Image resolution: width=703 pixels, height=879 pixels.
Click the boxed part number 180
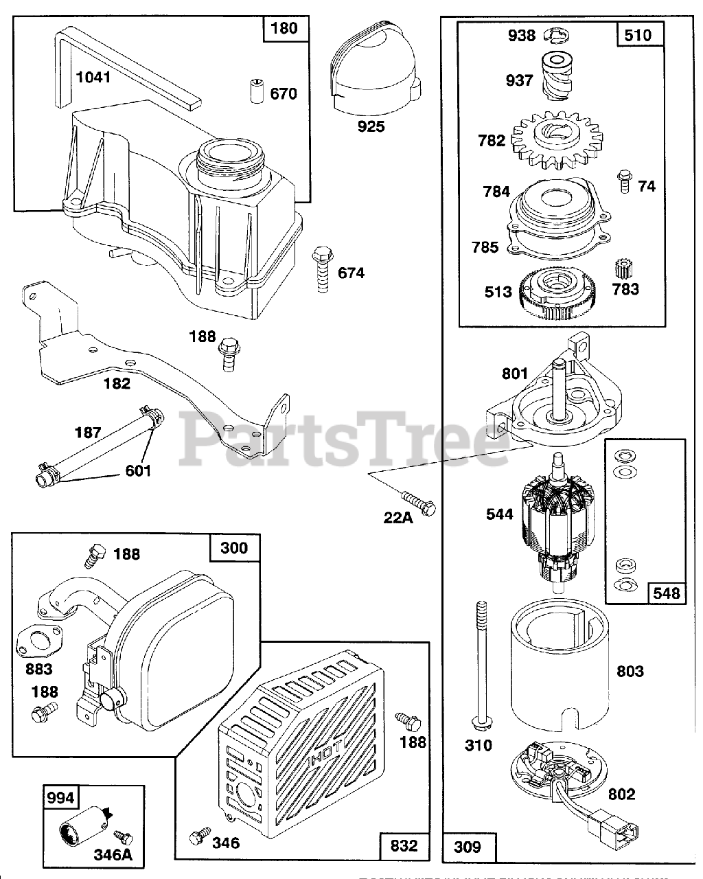[284, 27]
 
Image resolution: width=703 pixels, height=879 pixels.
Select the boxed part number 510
[638, 34]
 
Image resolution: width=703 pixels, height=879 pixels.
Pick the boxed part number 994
[61, 799]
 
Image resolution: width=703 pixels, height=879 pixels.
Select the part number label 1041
[93, 77]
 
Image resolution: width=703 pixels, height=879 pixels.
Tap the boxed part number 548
[665, 592]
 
